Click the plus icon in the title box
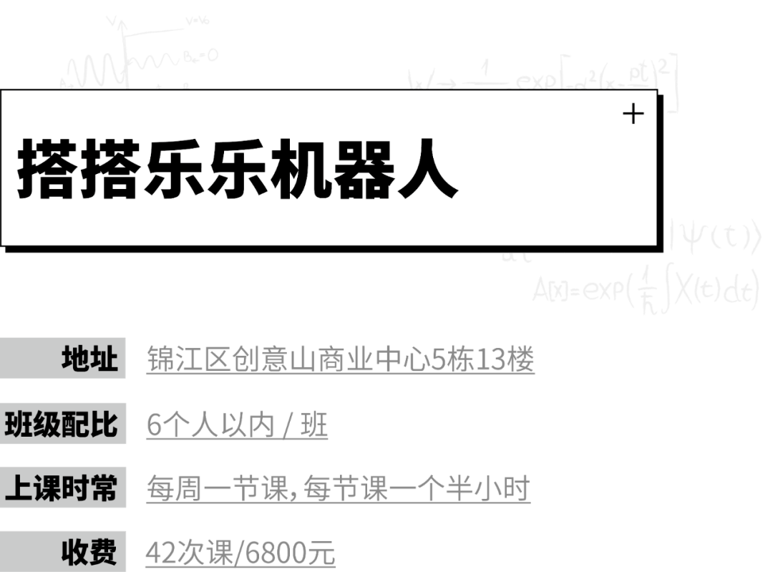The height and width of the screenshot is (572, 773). point(633,114)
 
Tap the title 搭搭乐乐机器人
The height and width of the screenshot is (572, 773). point(237,170)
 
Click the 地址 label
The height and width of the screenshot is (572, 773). point(89,359)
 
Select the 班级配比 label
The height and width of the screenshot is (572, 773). point(62,424)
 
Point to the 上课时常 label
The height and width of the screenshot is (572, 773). point(62,488)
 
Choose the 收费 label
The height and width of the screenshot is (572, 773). point(89,552)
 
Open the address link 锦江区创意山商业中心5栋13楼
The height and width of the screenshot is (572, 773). point(340,359)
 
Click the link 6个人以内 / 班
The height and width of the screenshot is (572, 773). point(236,425)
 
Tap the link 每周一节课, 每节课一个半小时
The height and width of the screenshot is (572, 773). point(338,490)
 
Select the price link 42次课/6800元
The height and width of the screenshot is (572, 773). point(240,553)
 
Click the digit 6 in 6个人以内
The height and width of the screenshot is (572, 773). point(153,426)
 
